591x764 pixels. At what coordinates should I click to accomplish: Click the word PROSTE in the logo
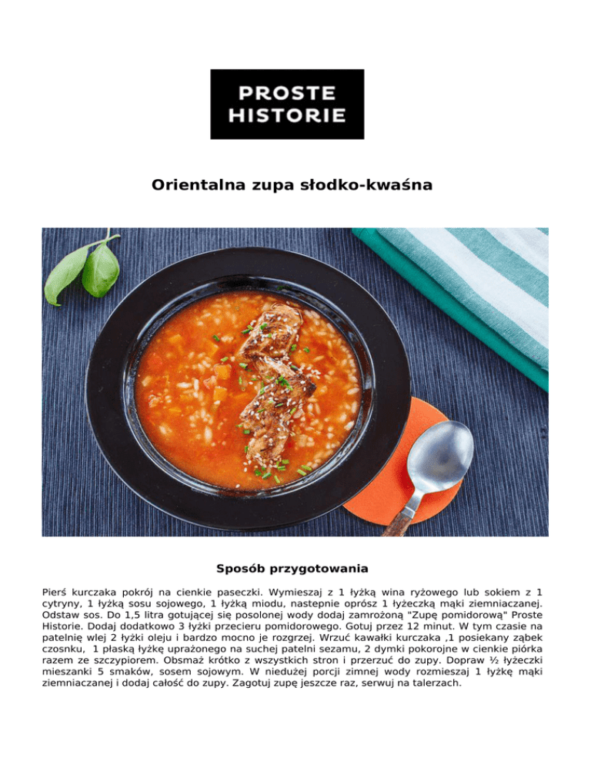point(286,93)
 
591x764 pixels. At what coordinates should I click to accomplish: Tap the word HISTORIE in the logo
point(286,117)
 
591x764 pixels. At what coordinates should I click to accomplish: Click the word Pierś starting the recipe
point(55,593)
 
